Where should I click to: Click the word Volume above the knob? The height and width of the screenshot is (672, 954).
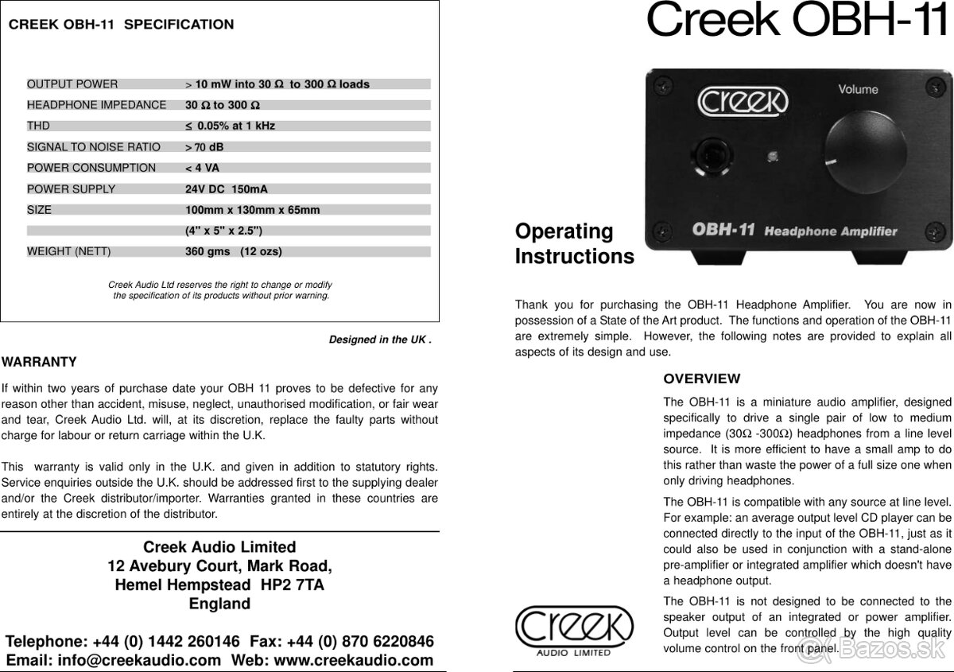click(x=858, y=90)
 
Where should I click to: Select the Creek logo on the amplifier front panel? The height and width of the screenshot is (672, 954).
click(x=743, y=101)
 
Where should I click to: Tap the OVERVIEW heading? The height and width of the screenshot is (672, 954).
click(x=701, y=379)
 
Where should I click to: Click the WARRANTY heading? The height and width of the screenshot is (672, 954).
click(x=39, y=363)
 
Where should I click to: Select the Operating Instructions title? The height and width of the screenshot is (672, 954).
click(x=574, y=244)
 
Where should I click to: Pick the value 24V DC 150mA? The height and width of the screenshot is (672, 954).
click(x=227, y=189)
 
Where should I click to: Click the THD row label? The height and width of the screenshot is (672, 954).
click(x=38, y=126)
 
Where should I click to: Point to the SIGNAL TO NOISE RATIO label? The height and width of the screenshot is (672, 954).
click(x=94, y=147)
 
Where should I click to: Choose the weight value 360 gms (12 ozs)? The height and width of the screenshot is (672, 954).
click(x=233, y=252)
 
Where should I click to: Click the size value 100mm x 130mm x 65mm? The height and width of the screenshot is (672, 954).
click(x=252, y=210)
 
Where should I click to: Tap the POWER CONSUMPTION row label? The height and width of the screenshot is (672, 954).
click(x=91, y=168)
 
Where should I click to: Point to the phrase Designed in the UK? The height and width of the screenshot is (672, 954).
click(x=380, y=340)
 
